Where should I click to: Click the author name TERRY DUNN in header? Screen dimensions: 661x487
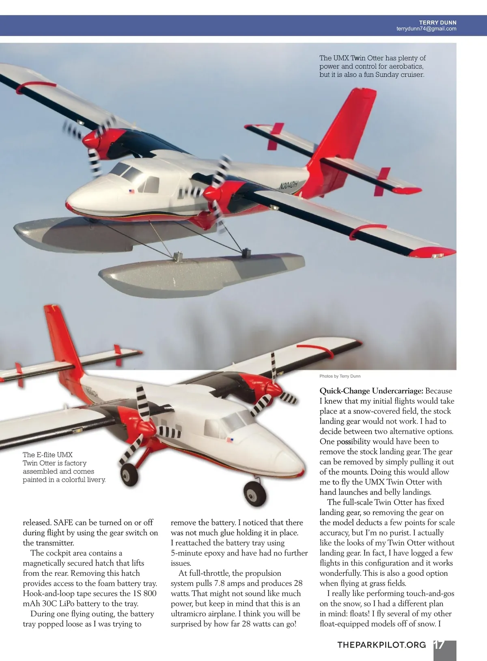click(437, 23)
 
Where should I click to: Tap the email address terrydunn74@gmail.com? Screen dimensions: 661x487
click(426, 29)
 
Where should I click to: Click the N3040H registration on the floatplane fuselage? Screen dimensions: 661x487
click(289, 185)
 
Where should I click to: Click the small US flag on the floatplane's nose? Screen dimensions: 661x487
click(131, 191)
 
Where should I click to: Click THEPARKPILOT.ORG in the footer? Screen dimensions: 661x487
click(381, 645)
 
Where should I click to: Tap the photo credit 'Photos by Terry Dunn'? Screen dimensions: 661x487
click(340, 376)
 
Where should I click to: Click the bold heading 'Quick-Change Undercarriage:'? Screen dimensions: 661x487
click(371, 391)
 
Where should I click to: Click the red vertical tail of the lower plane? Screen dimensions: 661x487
click(61, 341)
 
